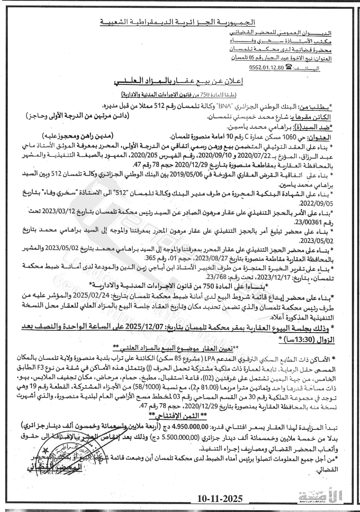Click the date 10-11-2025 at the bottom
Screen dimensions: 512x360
[x=220, y=498]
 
